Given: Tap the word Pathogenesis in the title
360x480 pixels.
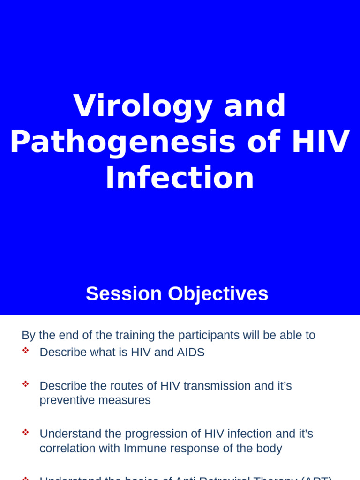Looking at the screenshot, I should [x=122, y=142].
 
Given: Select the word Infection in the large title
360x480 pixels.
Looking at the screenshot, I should [x=180, y=178].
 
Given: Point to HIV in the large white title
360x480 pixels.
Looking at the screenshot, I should [x=320, y=142].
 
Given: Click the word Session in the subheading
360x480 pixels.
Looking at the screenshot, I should [x=124, y=294].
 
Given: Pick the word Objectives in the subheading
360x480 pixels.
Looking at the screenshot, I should [x=218, y=294].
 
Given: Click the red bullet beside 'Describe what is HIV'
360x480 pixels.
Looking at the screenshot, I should [x=25, y=350].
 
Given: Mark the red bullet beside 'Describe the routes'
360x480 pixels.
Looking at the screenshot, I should [x=25, y=384].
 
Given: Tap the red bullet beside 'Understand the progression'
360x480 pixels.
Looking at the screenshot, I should [x=25, y=432].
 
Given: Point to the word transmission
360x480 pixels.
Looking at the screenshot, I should [x=217, y=386].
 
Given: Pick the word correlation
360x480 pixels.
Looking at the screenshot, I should [x=67, y=448].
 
